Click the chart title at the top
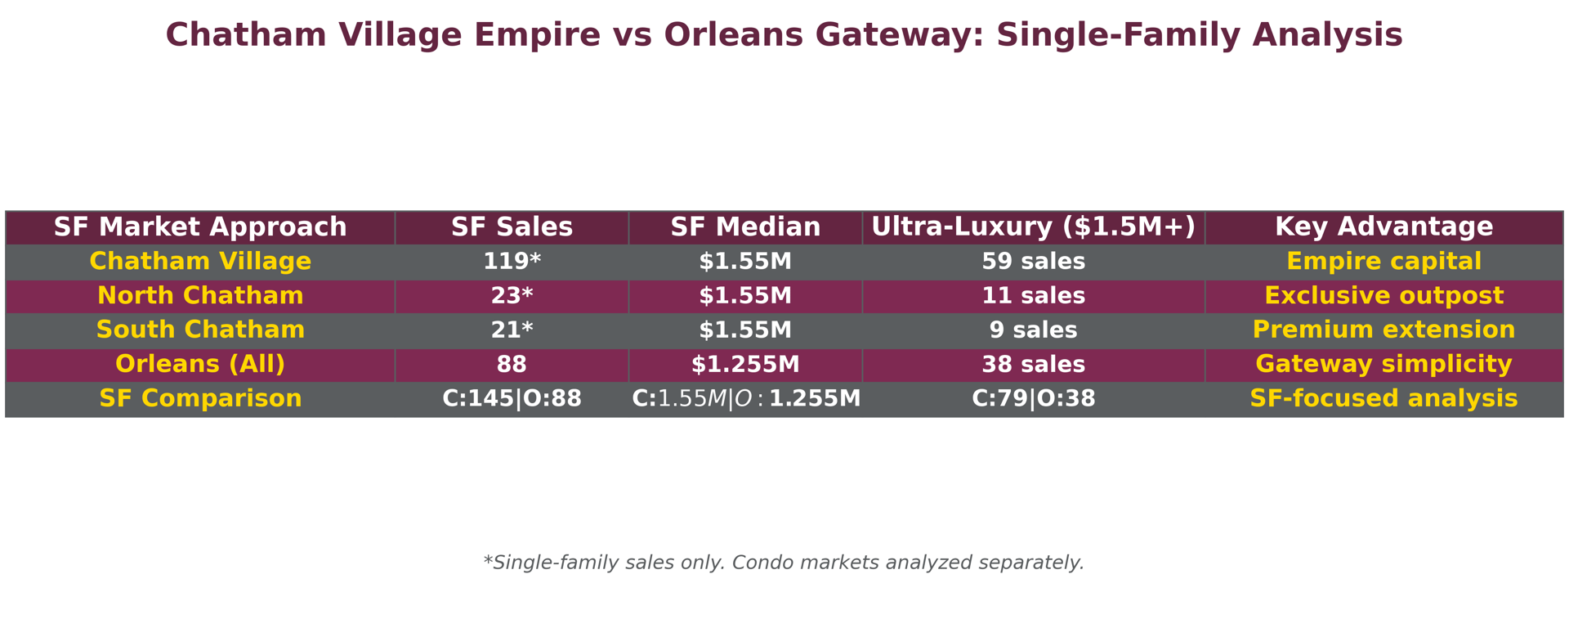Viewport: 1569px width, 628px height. point(784,35)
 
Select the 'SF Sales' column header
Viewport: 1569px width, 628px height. point(512,227)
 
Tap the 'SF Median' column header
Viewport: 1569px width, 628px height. point(745,227)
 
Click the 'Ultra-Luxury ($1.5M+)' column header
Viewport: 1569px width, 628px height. point(1033,227)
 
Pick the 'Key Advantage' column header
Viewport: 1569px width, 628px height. point(1383,227)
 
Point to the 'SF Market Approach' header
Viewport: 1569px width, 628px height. point(200,227)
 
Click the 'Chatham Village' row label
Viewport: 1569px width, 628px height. point(200,262)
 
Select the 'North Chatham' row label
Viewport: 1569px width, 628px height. point(200,296)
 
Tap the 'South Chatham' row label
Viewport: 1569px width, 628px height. point(200,330)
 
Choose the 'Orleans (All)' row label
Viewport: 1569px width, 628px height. point(200,365)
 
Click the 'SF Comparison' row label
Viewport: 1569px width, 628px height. point(200,399)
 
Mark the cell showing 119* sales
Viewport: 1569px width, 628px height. point(512,262)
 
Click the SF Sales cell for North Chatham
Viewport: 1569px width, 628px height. point(512,296)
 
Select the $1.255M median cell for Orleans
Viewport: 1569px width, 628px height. point(745,365)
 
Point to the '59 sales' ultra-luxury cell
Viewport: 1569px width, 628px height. point(1033,262)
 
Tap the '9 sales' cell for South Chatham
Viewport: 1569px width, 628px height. point(1033,330)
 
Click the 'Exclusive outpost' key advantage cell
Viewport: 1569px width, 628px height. point(1383,296)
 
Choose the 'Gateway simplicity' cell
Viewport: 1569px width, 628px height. point(1383,365)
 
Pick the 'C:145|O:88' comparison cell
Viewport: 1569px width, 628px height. point(512,399)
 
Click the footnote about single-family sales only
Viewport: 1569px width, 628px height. point(784,563)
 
